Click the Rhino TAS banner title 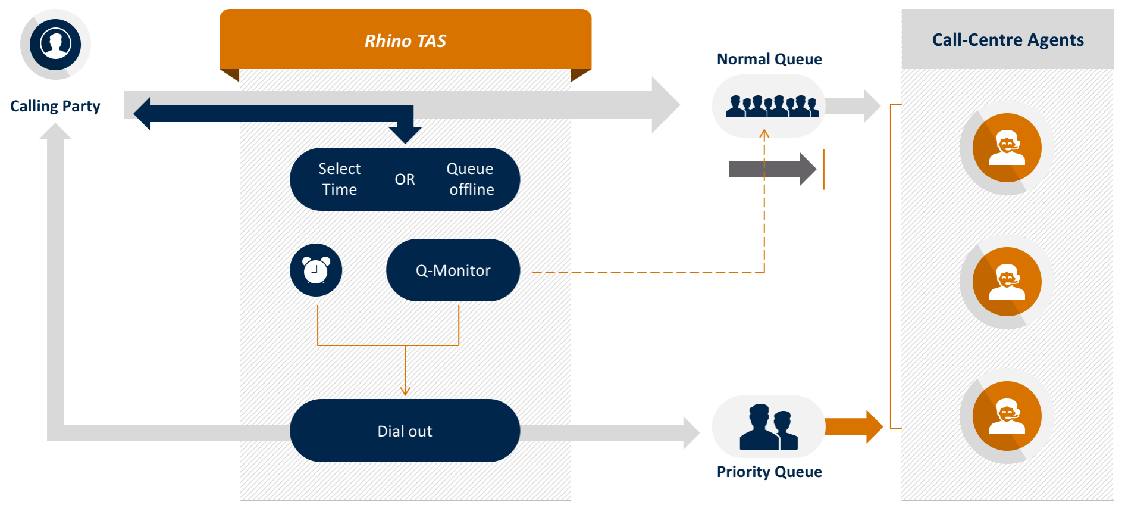tap(405, 40)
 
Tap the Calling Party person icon tap(55, 44)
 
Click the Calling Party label tap(55, 106)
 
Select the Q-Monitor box tap(453, 270)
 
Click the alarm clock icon tap(316, 270)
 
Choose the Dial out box tap(405, 431)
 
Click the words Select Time tap(339, 179)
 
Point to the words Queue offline tap(471, 179)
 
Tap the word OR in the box tap(405, 179)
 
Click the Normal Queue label tap(769, 59)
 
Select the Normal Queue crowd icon tap(772, 106)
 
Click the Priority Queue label tap(769, 472)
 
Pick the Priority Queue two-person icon tap(768, 426)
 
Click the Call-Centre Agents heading tap(1008, 40)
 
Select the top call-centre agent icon tap(1007, 148)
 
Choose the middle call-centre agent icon tap(1007, 282)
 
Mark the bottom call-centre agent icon tap(1007, 416)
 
